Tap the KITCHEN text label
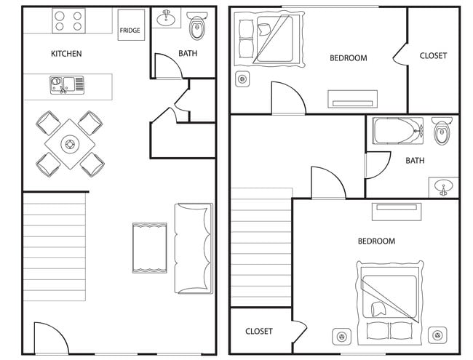(66, 54)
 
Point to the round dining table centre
(70, 144)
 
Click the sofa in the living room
(194, 248)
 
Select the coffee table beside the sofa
(149, 248)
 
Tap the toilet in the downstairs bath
(196, 28)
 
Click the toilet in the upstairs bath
(442, 133)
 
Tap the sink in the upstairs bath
(443, 188)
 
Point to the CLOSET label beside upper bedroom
(433, 56)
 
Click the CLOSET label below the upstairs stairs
(258, 332)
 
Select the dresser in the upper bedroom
(352, 98)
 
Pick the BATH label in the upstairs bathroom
(415, 161)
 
